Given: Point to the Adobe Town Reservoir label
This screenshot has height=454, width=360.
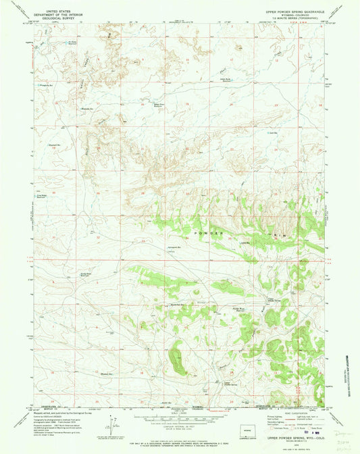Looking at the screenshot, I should (162, 106).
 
